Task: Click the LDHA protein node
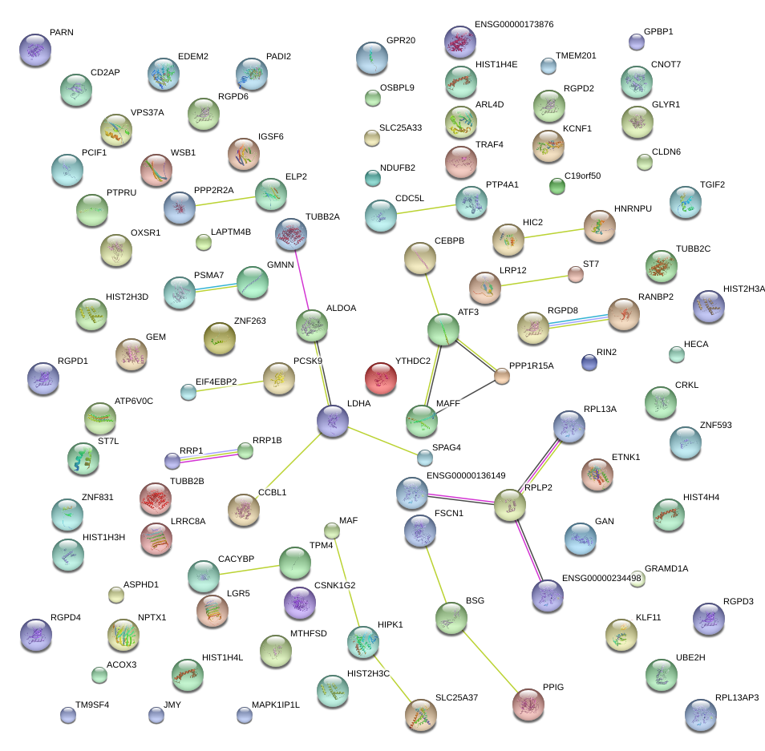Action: pos(333,421)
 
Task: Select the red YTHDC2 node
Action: pos(380,377)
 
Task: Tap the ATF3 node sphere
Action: pos(443,329)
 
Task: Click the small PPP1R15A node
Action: pos(502,375)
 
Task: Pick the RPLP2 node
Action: pos(509,505)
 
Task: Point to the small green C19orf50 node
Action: pos(557,187)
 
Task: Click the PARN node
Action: pos(34,50)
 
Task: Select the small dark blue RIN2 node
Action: pos(589,362)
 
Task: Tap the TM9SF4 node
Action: pos(68,715)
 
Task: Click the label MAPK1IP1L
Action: pos(275,705)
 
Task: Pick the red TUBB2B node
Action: pos(156,499)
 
